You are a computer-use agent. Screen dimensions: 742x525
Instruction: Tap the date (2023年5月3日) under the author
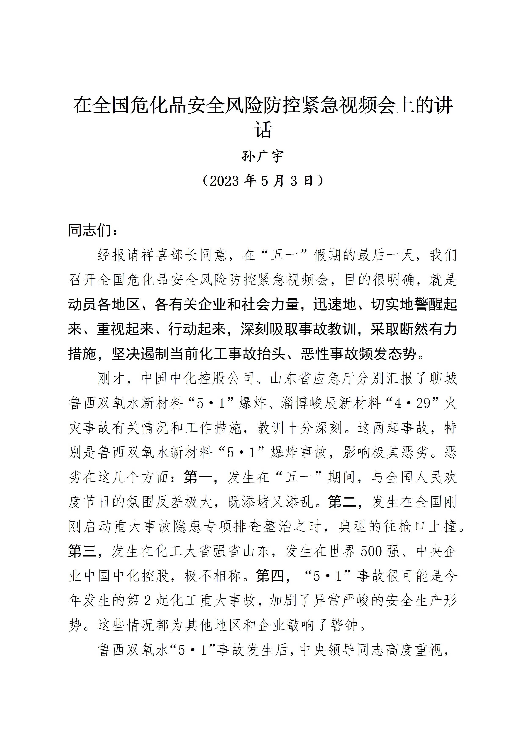pos(262,181)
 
